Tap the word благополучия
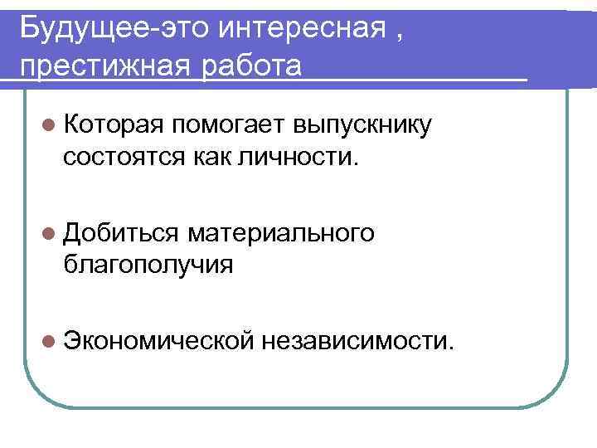coord(148,265)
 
